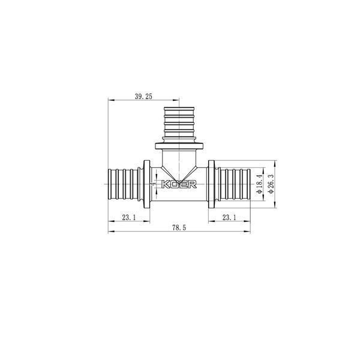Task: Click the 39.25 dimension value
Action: [x=143, y=97]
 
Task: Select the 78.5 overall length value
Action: [x=179, y=228]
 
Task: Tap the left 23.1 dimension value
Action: [x=129, y=217]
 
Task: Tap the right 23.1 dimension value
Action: [x=229, y=217]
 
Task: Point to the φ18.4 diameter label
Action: [x=259, y=184]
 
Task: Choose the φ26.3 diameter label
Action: [x=271, y=184]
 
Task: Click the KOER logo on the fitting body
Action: [x=179, y=184]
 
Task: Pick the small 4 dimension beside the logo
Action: [x=154, y=184]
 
